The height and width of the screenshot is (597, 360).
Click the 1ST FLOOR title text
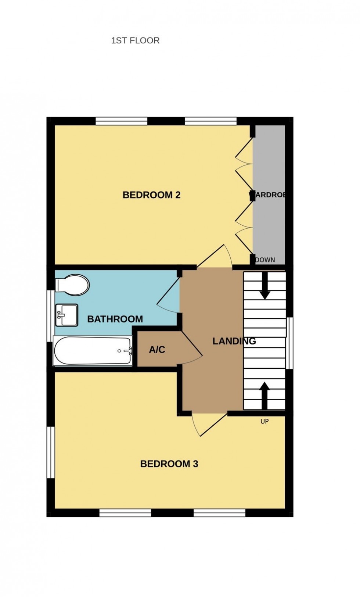pos(135,40)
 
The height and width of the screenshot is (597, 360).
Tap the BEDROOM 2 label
pos(151,195)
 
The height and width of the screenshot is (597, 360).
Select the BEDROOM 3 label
pos(169,464)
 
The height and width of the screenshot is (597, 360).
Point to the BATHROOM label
pos(115,319)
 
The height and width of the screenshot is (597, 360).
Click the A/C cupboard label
pos(157,350)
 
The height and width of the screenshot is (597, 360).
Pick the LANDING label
pos(234,341)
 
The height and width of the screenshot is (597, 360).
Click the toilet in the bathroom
pos(73,285)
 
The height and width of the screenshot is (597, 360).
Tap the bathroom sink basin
pos(66,315)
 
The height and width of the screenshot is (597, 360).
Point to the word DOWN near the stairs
pos(265,260)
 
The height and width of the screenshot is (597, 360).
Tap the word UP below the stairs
pos(264,421)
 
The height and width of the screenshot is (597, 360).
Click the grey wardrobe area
pos(270,221)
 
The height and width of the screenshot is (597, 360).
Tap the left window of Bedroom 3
pos(50,452)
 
